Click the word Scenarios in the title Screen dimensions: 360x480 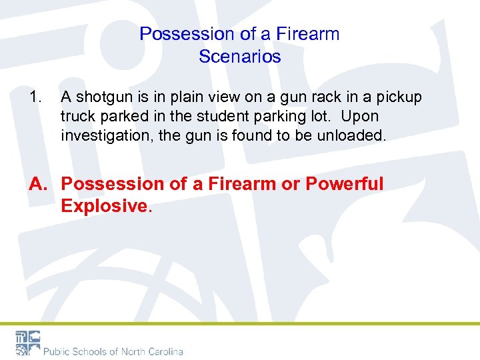click(239, 57)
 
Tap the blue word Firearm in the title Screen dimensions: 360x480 click(309, 34)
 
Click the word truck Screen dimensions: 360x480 click(77, 117)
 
